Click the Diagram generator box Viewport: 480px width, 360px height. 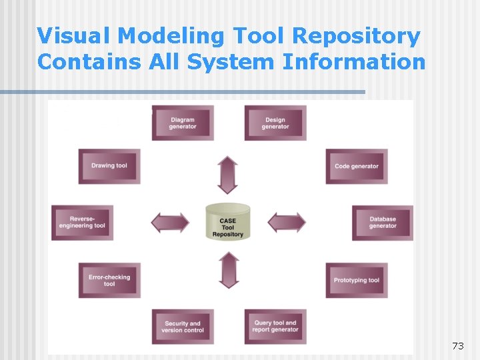183,123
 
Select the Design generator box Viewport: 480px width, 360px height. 275,123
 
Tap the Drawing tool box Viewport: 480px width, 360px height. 109,166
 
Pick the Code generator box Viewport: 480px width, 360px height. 356,166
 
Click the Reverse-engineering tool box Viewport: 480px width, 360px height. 82,222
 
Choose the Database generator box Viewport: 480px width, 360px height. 382,222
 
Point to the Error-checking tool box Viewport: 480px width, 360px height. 109,280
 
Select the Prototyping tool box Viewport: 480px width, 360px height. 356,280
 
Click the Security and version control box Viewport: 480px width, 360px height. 183,327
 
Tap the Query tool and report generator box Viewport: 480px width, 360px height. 275,327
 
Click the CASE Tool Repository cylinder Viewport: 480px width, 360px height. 228,222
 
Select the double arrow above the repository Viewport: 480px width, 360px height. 228,175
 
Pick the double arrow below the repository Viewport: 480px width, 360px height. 229,269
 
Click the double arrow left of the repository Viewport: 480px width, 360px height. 170,222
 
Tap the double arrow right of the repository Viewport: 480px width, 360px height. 287,222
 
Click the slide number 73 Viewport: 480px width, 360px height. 457,345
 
